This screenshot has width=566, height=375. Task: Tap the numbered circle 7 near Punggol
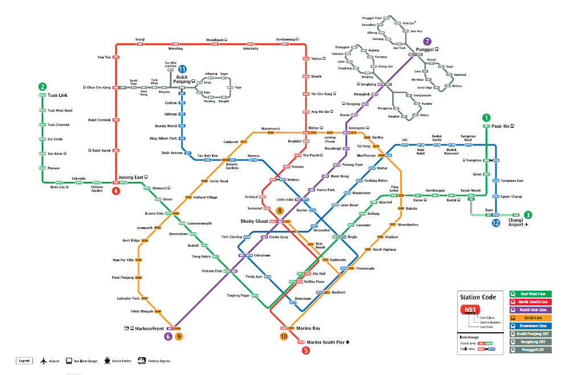(427, 42)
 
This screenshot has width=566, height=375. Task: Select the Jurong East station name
(133, 177)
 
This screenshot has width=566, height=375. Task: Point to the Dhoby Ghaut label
(254, 220)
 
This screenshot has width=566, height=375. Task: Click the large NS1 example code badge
(470, 311)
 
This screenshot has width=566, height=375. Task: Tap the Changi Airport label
(515, 222)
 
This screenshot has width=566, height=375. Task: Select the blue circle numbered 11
(182, 70)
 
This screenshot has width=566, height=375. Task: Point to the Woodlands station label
(215, 40)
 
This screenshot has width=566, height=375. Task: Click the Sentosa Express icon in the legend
(141, 360)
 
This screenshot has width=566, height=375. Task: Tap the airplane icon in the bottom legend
(43, 360)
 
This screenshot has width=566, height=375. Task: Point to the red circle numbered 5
(306, 350)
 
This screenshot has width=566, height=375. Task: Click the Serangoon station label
(357, 128)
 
